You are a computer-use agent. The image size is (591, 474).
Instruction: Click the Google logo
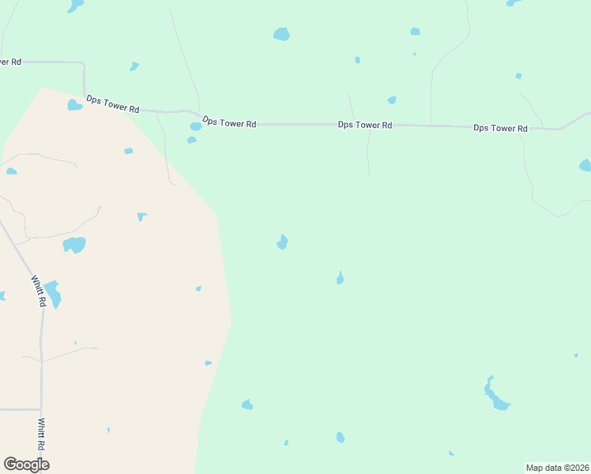pyautogui.click(x=26, y=464)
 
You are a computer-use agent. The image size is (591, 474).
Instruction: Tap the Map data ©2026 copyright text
pyautogui.click(x=557, y=468)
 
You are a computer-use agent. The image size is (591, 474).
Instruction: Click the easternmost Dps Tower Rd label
pyautogui.click(x=500, y=128)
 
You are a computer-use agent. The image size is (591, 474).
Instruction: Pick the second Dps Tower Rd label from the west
pyautogui.click(x=229, y=122)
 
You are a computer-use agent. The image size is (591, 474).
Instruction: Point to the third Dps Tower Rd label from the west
pyautogui.click(x=364, y=125)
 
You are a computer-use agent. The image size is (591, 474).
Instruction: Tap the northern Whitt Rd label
pyautogui.click(x=38, y=291)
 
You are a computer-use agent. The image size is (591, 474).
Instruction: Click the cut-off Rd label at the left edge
pyautogui.click(x=10, y=62)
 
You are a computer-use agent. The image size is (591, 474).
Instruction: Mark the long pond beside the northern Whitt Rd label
pyautogui.click(x=52, y=294)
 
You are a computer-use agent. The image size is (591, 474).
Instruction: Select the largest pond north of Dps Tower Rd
pyautogui.click(x=281, y=34)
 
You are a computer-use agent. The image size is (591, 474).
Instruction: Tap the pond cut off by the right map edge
pyautogui.click(x=585, y=165)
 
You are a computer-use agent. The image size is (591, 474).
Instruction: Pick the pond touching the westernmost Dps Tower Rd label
pyautogui.click(x=74, y=105)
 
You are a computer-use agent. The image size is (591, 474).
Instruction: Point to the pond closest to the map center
pyautogui.click(x=282, y=242)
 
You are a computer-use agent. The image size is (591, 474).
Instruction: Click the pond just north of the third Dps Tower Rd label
pyautogui.click(x=392, y=100)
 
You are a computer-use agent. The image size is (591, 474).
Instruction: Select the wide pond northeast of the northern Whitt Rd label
pyautogui.click(x=74, y=245)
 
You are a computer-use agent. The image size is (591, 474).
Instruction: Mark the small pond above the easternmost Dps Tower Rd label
pyautogui.click(x=518, y=76)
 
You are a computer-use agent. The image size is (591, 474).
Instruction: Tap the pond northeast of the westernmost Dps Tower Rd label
pyautogui.click(x=134, y=66)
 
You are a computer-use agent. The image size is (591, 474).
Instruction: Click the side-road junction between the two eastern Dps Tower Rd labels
pyautogui.click(x=431, y=126)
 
